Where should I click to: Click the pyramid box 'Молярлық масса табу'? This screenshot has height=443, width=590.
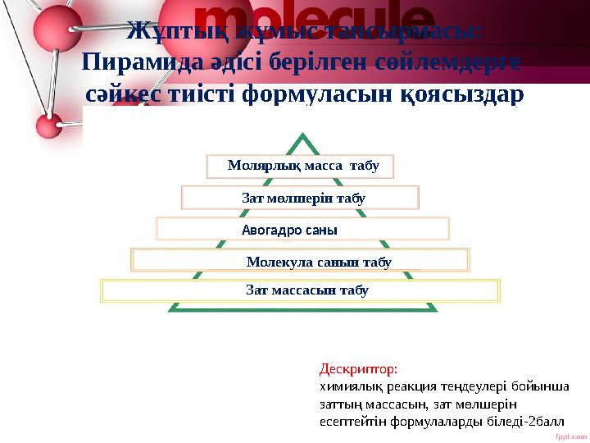[x=300, y=167]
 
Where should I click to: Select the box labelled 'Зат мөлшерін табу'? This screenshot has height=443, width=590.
[x=300, y=198]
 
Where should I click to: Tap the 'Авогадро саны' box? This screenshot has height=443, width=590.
[x=302, y=229]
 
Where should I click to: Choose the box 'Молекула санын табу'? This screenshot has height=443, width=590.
[x=300, y=261]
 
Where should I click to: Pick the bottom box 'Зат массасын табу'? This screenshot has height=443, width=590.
[x=300, y=291]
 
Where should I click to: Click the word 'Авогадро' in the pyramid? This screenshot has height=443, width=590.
[x=271, y=230]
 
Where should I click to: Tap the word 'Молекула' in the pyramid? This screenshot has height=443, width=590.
[x=277, y=262]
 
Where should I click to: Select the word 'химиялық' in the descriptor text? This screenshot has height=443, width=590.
[x=345, y=386]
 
